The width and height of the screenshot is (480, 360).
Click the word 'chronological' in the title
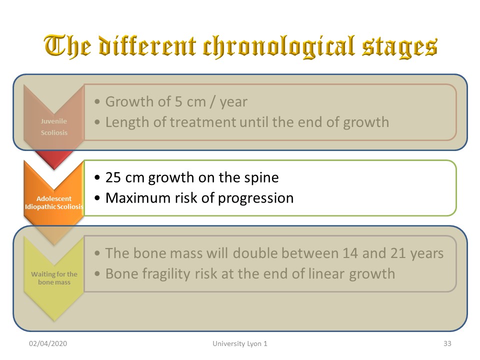(279, 47)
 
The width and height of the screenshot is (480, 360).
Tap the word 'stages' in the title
(400, 48)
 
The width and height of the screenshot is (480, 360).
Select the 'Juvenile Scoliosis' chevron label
(54, 126)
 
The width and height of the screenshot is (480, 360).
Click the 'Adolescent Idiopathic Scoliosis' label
(54, 202)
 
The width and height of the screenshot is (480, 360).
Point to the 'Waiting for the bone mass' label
(54, 278)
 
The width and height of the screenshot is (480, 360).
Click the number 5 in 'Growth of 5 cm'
(178, 101)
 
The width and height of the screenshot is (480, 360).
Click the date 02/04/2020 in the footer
(48, 343)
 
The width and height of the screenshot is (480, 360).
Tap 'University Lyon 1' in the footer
(240, 344)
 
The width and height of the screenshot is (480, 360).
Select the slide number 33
(447, 343)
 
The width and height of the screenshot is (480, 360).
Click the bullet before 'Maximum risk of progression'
(97, 198)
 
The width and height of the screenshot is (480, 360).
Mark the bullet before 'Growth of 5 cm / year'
(97, 102)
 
